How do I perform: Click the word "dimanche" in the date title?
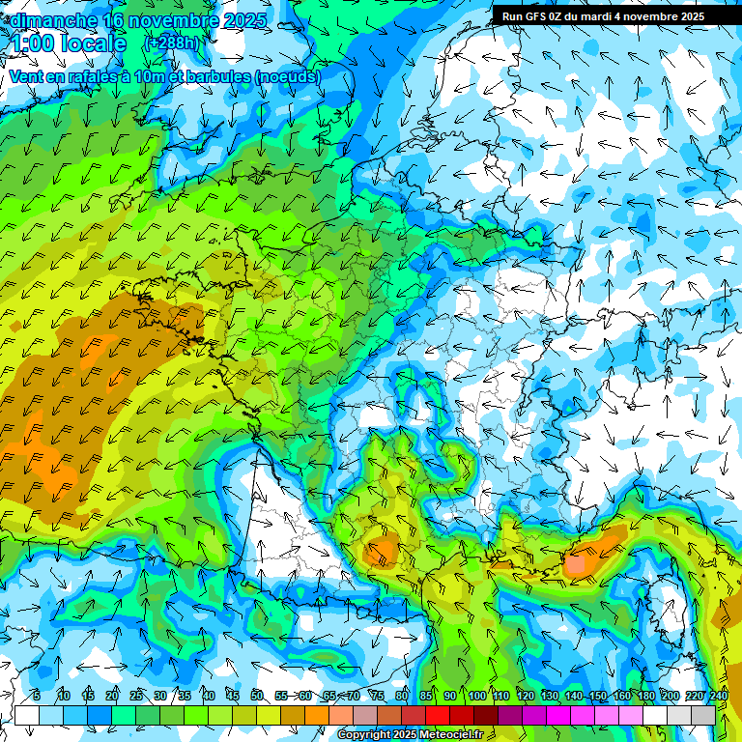(53, 19)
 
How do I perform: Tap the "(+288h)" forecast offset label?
(171, 43)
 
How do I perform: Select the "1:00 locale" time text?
(68, 43)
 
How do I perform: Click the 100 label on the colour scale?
(476, 696)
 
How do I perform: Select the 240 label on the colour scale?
(718, 696)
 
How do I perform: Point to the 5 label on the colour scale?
(37, 696)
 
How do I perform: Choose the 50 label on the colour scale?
(257, 696)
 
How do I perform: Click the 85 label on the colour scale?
(426, 696)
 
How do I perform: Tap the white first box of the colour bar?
(27, 715)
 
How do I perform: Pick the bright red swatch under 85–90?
(438, 715)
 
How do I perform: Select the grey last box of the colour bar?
(703, 715)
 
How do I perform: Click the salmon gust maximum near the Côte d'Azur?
(582, 562)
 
